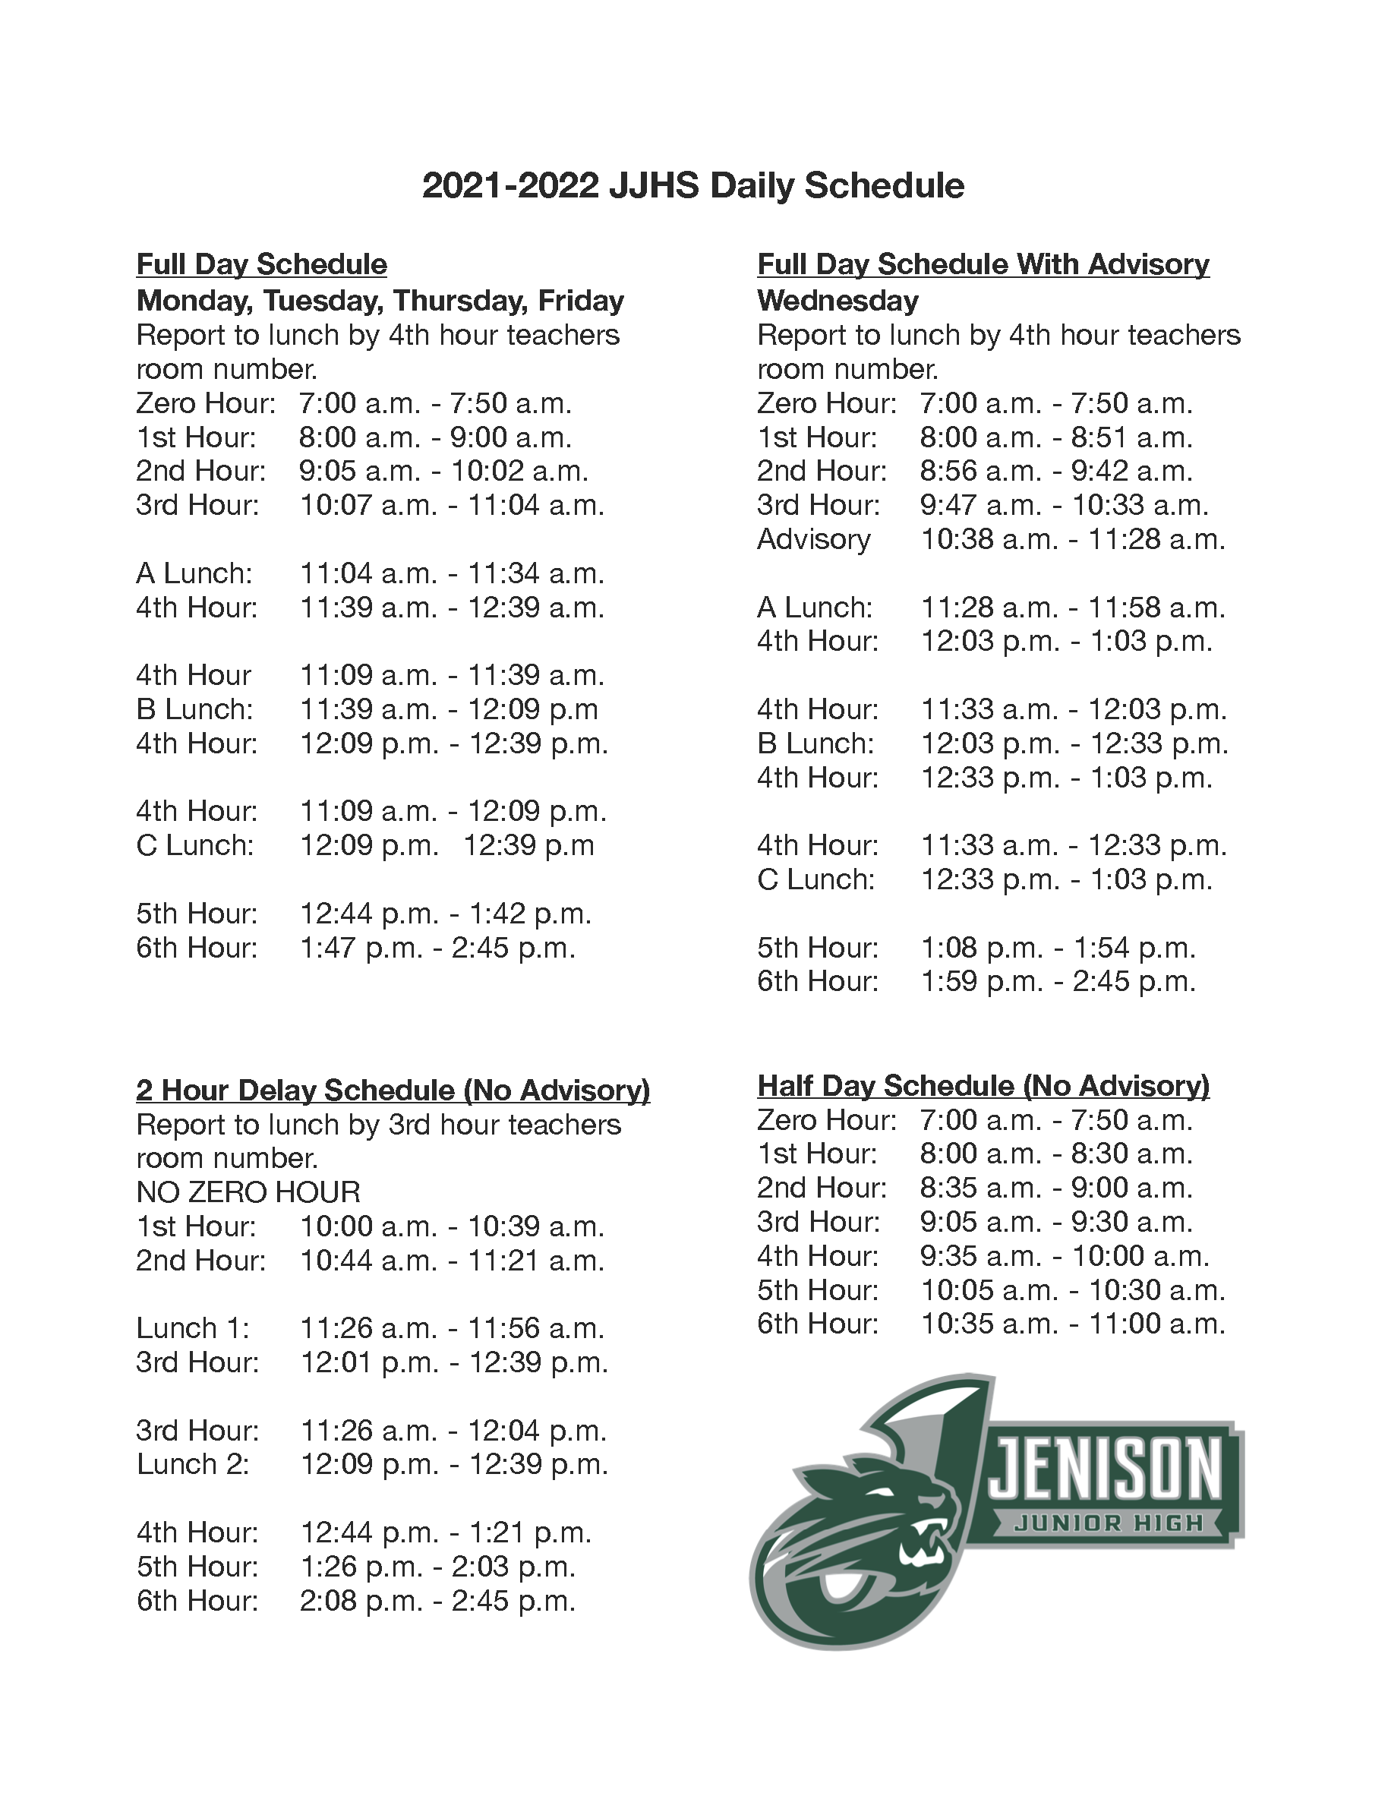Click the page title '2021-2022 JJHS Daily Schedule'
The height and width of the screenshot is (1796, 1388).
point(692,186)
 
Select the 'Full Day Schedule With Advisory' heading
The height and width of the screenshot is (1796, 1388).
point(983,264)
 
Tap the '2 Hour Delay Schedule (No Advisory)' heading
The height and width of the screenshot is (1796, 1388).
point(393,1090)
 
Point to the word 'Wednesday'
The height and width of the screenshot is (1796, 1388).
point(837,300)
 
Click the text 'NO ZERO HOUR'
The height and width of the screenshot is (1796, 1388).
point(248,1192)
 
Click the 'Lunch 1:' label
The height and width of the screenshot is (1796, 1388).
point(192,1328)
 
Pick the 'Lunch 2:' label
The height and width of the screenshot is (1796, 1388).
point(192,1465)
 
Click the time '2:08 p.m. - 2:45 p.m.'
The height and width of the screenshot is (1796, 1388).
point(437,1600)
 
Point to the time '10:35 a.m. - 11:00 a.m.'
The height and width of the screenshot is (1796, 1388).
point(1072,1323)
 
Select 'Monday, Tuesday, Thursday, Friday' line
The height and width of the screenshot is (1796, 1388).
point(380,300)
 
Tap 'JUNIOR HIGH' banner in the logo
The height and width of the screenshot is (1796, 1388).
point(1108,1523)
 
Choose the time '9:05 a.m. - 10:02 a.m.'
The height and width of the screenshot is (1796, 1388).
point(443,471)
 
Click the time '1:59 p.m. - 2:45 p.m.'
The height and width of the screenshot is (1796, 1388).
point(1058,981)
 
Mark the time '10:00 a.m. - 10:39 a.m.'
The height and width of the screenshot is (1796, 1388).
point(452,1226)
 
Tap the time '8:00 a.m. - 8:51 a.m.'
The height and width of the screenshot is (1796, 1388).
point(1055,437)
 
